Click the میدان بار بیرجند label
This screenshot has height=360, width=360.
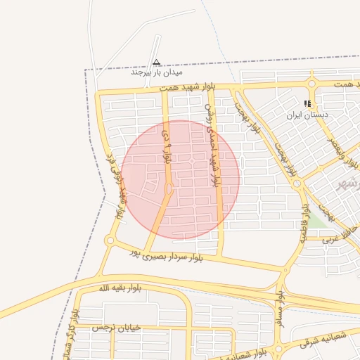[x=157, y=72]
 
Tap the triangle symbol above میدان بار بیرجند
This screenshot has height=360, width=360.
[x=156, y=62]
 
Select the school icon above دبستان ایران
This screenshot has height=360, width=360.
[x=307, y=103]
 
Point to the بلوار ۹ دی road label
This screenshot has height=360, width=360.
[x=167, y=144]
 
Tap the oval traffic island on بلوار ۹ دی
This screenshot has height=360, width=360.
[x=169, y=189]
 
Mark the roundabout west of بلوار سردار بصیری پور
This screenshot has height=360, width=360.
[x=110, y=240]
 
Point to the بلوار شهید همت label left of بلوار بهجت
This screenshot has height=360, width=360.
[x=186, y=87]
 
